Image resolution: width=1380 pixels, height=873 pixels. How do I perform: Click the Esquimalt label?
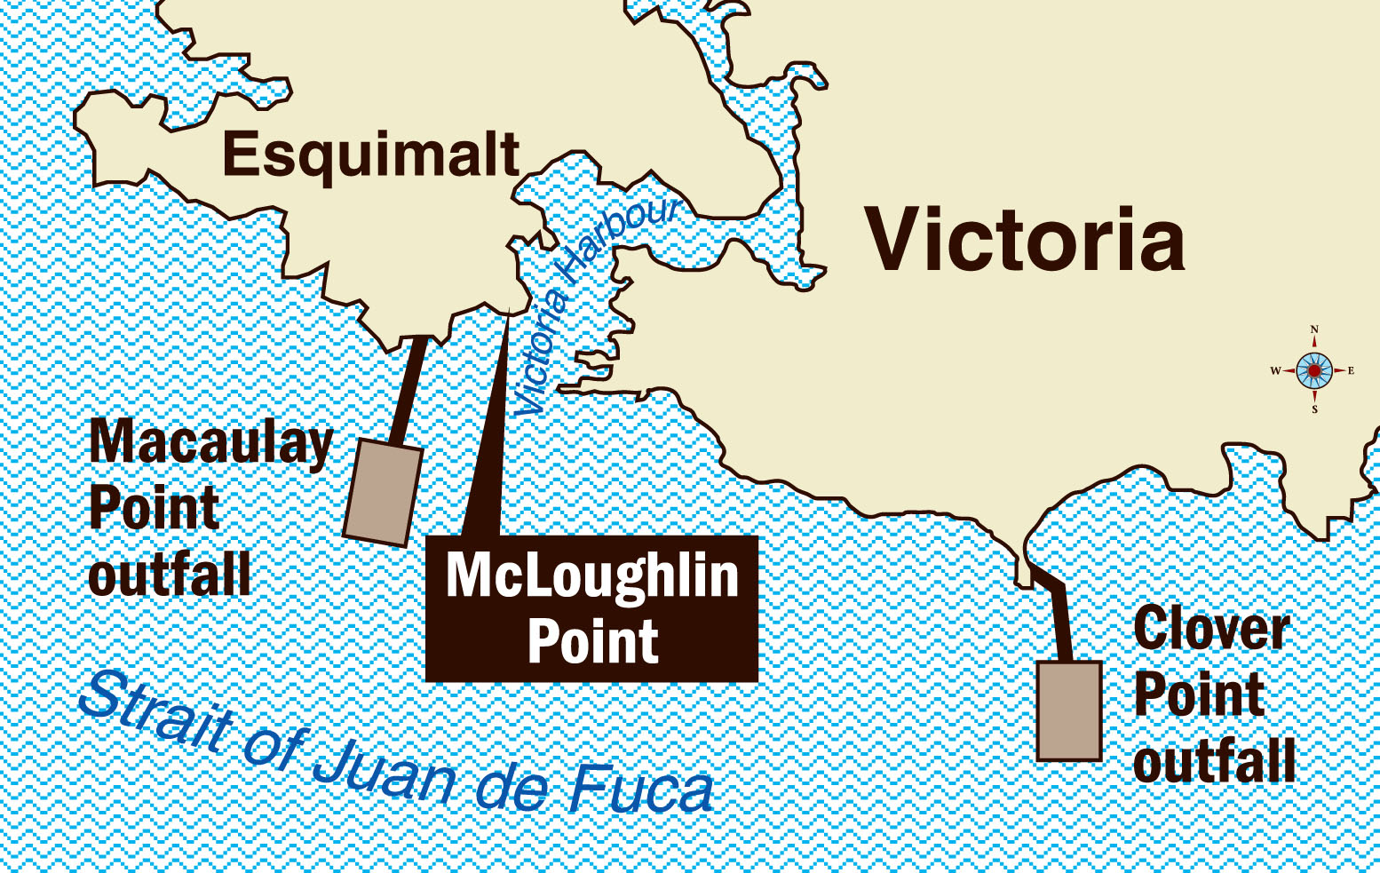pos(371,155)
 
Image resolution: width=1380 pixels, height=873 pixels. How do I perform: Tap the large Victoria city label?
pos(1026,240)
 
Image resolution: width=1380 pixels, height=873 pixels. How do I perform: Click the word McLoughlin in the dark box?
pos(592,575)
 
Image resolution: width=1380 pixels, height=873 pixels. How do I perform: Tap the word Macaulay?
pos(211,442)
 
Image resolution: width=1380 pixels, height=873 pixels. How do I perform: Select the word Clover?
pos(1211,630)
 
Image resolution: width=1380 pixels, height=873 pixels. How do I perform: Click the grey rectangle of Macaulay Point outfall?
pos(383,491)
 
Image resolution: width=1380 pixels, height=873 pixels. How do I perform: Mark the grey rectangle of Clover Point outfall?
pos(1069,710)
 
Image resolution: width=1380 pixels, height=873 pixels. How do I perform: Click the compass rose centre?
pos(1314,370)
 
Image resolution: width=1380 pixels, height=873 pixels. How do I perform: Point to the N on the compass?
pos(1314,329)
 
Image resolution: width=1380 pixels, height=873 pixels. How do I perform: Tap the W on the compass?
pos(1275,370)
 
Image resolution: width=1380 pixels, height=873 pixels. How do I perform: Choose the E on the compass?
pos(1352,370)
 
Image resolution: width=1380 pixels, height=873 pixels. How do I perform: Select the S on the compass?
pos(1315,409)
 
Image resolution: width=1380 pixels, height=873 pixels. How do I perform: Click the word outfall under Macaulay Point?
pos(170,575)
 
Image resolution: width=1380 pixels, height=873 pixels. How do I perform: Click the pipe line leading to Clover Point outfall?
pos(1059,622)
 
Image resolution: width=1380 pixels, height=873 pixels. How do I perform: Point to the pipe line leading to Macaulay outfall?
pos(409,386)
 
